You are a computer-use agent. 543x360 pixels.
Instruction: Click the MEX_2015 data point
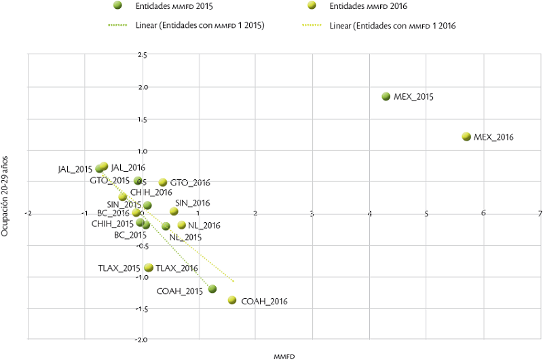(x=386, y=96)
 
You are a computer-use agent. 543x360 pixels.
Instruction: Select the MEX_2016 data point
(x=466, y=137)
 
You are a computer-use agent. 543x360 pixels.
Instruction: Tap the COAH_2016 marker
(x=232, y=300)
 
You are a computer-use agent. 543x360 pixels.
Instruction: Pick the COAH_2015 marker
(x=212, y=289)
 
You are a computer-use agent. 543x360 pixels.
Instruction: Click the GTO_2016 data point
(x=163, y=183)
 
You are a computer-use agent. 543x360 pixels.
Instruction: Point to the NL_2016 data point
(x=181, y=225)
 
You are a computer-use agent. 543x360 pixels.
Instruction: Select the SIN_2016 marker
(x=174, y=211)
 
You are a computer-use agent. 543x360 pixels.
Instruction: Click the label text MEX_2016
(x=494, y=137)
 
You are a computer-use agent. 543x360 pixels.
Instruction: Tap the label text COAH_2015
(x=181, y=291)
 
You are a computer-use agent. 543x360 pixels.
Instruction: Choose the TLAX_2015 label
(x=119, y=268)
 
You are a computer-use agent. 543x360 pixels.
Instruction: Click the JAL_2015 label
(x=75, y=169)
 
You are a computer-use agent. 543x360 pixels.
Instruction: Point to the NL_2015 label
(x=186, y=237)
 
